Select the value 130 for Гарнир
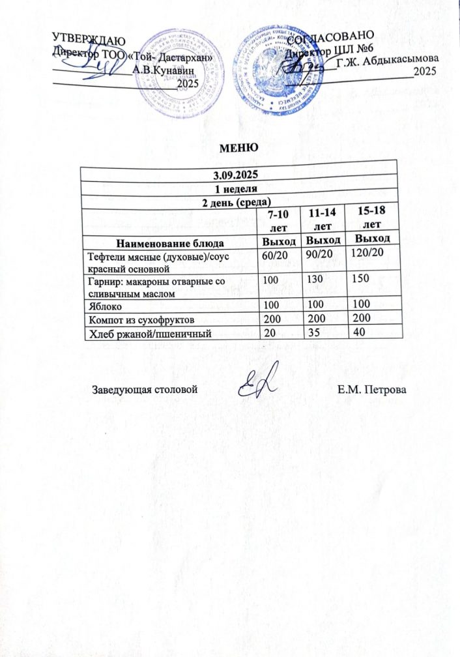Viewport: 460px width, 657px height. click(x=315, y=279)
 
